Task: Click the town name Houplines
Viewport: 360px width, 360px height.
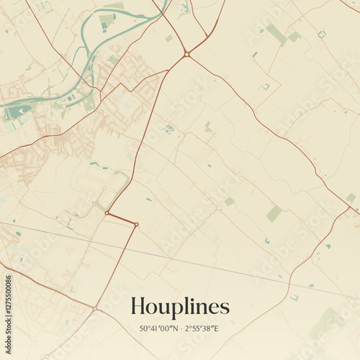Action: [x=180, y=307]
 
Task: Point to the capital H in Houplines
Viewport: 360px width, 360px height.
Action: [x=138, y=307]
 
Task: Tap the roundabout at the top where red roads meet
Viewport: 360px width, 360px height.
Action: [x=186, y=54]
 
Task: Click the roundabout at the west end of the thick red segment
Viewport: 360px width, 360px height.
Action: [x=107, y=213]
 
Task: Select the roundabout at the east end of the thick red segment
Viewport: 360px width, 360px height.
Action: [x=136, y=225]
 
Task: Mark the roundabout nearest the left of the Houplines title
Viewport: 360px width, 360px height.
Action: [x=94, y=309]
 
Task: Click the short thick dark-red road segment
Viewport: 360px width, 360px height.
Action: [x=121, y=219]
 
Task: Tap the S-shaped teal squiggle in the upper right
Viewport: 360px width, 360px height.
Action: [x=265, y=87]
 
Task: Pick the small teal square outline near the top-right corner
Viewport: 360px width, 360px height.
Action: [x=322, y=34]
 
